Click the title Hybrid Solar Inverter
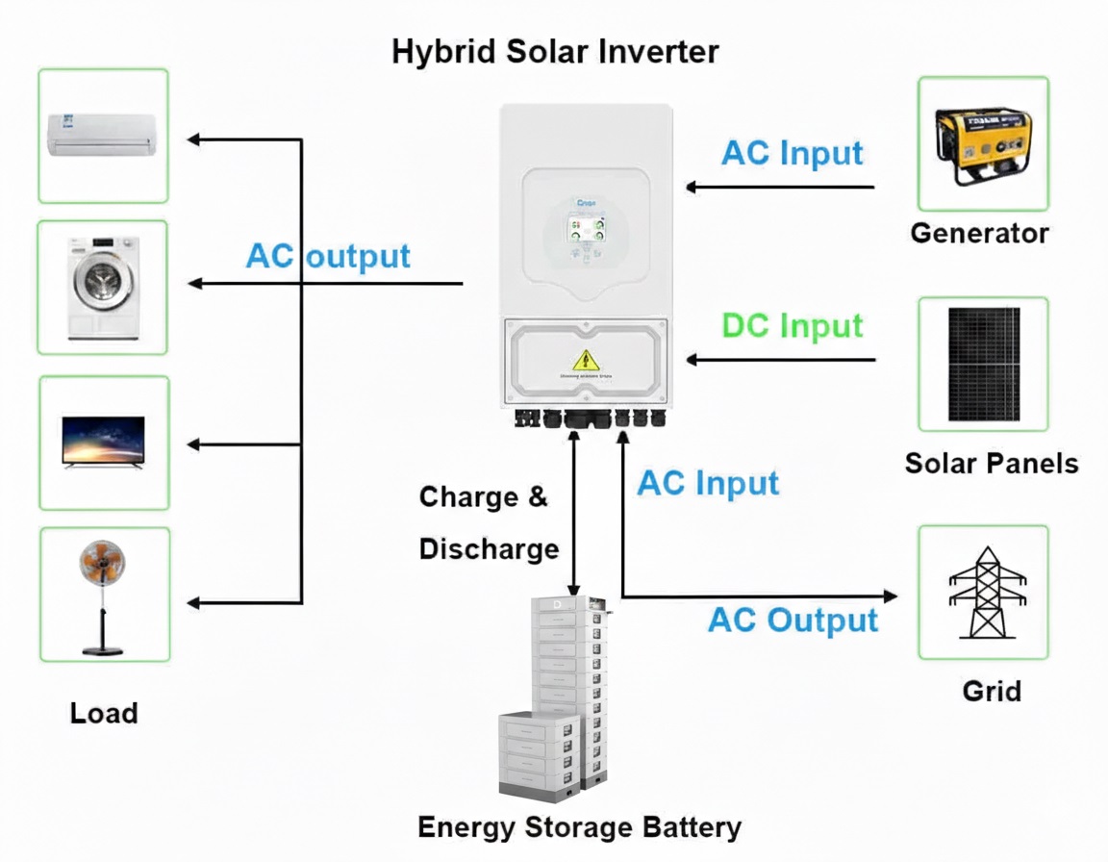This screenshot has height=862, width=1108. tap(555, 51)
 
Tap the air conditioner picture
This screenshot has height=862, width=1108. tap(102, 134)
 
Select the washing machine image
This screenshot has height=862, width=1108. tap(101, 286)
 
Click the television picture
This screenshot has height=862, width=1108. tap(103, 442)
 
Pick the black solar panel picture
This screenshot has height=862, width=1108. tap(983, 364)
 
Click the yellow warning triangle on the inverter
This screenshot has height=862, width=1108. tap(584, 361)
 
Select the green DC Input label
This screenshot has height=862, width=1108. tap(793, 326)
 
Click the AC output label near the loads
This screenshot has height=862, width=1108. tap(328, 256)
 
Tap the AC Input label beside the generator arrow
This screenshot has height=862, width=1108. tap(793, 153)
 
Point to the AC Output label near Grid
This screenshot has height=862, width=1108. tap(793, 620)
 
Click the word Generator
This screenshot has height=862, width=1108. tap(979, 233)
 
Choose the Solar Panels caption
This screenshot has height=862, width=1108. tap(991, 464)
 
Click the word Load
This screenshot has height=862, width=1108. tap(104, 713)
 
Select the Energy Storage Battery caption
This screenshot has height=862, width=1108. tap(580, 827)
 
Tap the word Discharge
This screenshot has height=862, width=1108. tap(489, 548)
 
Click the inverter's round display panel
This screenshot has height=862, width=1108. tap(585, 234)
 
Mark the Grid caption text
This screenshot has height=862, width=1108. tap(992, 691)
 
